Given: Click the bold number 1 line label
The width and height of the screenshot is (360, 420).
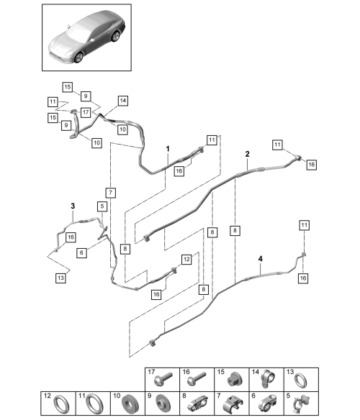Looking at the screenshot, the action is coord(168,149).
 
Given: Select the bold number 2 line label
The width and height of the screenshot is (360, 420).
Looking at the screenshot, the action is coord(248,154).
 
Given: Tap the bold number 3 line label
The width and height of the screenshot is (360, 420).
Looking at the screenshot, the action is coord(73,206).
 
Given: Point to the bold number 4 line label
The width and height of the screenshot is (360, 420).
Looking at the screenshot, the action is coord(260,259).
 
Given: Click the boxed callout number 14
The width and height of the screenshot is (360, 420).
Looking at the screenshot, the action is coord(123,101).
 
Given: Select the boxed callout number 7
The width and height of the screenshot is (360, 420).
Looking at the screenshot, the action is coord(111,193).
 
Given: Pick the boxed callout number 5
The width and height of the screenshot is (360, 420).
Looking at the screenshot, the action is coord(102,206).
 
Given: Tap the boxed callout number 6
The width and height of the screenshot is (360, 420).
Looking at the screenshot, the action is coord(81,252).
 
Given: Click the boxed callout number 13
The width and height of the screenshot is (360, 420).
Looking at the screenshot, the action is coord(61,278).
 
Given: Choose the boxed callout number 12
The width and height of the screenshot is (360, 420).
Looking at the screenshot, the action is coord(186,260).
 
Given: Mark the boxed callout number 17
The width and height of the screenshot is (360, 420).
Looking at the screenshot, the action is coord(86,112).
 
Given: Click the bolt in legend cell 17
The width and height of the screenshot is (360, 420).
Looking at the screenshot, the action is coord(163,379).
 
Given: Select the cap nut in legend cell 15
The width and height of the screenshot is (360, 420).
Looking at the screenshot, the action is coord(233,380).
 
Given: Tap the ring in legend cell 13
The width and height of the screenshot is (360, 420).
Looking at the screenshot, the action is coord(301,380).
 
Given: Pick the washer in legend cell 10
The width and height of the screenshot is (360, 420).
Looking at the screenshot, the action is coord(130,403).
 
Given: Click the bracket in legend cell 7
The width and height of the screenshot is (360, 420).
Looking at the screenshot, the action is coord(233,403).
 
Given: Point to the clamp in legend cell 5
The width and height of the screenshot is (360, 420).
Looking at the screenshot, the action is coord(301,403).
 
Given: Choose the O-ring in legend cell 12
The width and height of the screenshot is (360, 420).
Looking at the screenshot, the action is coord(61,404).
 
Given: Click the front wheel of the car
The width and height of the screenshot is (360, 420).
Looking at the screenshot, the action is coord(78,58).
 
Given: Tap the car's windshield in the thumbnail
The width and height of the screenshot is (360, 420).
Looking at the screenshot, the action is coord(79,29).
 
